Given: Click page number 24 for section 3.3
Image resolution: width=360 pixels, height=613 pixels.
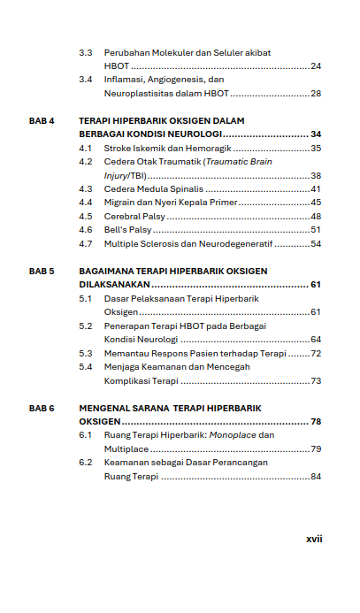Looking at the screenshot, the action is [316, 66].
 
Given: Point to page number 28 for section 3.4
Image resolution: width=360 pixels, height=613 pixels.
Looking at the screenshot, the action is [316, 93].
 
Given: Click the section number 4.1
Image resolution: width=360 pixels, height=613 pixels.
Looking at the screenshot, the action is [86, 148].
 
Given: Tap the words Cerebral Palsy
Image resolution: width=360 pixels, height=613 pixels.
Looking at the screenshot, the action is [134, 216].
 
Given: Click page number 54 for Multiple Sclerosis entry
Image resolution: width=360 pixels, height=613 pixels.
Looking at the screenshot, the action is [316, 243].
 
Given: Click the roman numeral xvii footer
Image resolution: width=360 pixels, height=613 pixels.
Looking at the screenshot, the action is [314, 538].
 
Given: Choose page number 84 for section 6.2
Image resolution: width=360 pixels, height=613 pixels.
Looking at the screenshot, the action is [316, 477].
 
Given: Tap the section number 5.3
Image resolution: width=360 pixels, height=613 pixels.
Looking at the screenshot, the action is [86, 353].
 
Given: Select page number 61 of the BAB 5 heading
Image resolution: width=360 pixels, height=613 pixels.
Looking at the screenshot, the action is [315, 285].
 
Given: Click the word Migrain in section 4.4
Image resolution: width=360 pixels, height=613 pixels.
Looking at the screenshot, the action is [120, 203].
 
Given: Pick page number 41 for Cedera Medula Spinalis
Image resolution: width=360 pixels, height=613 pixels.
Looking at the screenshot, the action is [316, 188].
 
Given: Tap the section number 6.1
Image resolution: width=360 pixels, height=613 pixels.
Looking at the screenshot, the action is [86, 435].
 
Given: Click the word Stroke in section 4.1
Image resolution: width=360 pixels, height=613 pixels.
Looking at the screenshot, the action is [119, 148].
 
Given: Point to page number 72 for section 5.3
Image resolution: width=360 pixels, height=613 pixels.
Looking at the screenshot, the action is [316, 353].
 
